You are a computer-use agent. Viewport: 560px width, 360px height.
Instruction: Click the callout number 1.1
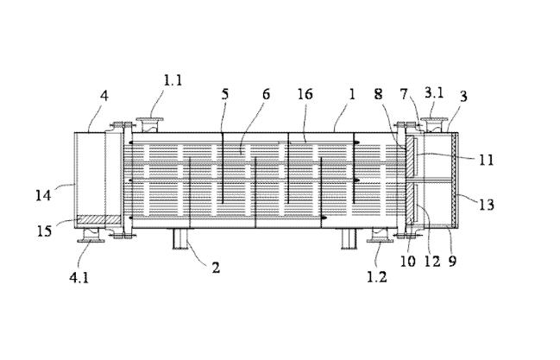click(173, 80)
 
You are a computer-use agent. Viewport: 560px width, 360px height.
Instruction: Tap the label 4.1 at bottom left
click(79, 277)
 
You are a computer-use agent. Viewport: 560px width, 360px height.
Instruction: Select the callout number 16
click(305, 94)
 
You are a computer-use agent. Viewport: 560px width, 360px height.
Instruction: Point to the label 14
click(43, 196)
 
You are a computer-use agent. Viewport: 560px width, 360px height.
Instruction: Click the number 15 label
click(45, 231)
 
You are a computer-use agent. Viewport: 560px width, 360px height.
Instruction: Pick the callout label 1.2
click(377, 277)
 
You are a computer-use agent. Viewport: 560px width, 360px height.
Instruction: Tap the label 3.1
click(434, 93)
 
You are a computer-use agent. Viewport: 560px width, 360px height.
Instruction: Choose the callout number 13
click(487, 205)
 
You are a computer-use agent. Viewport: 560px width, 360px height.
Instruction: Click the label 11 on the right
click(486, 160)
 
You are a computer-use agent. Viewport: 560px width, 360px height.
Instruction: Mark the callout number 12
click(432, 262)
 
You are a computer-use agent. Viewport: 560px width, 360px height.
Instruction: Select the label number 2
click(216, 268)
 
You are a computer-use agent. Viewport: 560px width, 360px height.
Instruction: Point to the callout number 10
click(407, 262)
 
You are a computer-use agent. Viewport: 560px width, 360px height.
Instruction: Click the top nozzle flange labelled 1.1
click(150, 125)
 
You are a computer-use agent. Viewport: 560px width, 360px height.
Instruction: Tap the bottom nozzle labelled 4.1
click(91, 235)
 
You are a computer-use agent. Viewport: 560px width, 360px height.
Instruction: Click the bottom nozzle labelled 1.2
click(380, 235)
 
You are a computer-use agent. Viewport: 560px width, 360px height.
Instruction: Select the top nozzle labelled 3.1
click(434, 125)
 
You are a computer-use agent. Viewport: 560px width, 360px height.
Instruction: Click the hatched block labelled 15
click(99, 219)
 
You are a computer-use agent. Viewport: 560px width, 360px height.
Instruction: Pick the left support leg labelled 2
click(180, 238)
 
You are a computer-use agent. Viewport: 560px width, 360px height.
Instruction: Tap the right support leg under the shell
click(349, 238)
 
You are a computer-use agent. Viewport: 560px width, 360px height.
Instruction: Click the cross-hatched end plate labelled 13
click(454, 180)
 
